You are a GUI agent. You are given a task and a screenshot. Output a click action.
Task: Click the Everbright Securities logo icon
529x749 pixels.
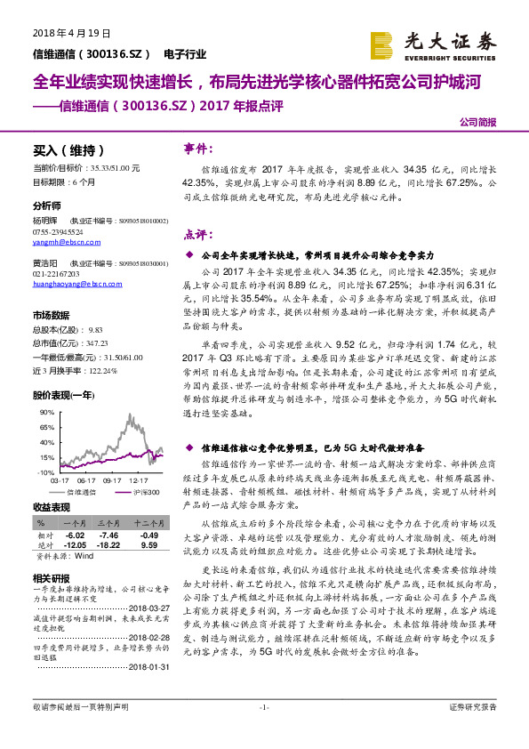382,44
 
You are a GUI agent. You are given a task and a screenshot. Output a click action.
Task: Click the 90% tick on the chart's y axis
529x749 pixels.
46,414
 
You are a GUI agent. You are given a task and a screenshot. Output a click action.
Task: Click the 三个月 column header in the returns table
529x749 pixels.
108,525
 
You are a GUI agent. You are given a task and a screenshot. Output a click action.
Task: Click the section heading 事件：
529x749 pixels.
198,149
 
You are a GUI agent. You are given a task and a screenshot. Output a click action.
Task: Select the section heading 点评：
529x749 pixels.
198,235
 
